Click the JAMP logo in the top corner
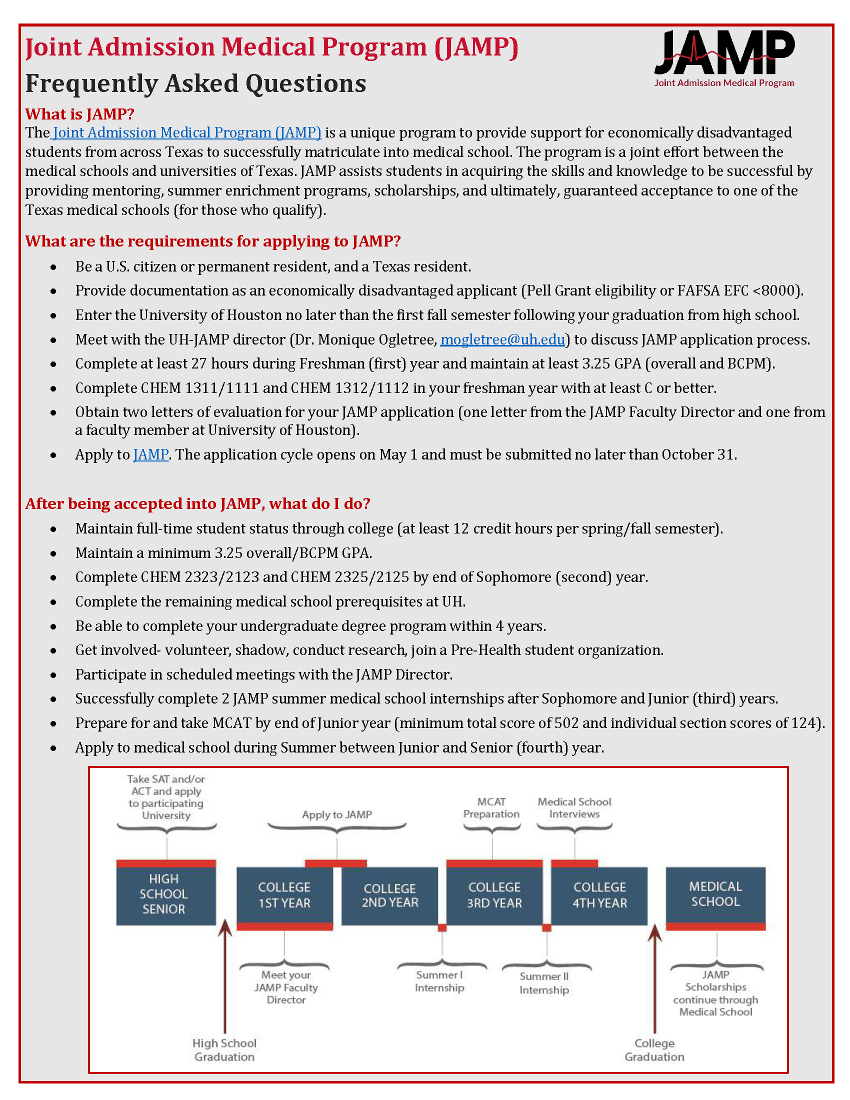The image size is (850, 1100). (x=723, y=58)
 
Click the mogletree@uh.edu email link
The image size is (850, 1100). (x=502, y=339)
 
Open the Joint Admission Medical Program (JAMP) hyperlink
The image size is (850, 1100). (x=187, y=132)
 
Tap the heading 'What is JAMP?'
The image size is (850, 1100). (x=79, y=114)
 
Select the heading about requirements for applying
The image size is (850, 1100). (x=212, y=241)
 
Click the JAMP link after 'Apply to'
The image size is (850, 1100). (x=150, y=454)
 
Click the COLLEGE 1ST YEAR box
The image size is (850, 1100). (x=284, y=895)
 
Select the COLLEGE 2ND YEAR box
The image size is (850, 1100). (x=390, y=895)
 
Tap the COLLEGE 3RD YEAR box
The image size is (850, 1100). (x=494, y=895)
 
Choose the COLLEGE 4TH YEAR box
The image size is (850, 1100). (x=599, y=895)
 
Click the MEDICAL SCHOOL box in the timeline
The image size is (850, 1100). (x=715, y=894)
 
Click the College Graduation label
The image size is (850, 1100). (x=654, y=1049)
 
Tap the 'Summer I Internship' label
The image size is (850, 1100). (x=439, y=981)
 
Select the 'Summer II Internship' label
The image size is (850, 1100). (x=544, y=982)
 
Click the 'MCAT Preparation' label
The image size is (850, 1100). (x=491, y=808)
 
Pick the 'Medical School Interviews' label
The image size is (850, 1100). (x=574, y=808)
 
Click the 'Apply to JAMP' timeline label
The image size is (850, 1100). (x=337, y=814)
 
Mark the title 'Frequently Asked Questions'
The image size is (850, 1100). (x=196, y=83)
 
